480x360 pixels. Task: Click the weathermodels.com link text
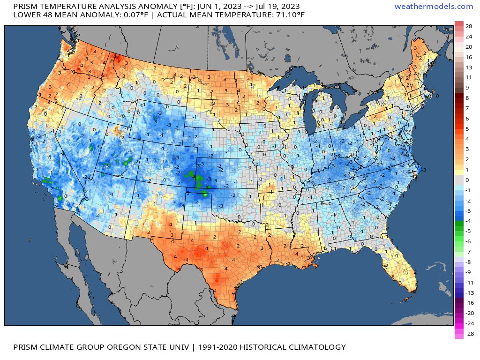coord(434,6)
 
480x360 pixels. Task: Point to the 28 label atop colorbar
coord(468,26)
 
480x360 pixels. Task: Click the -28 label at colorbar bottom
coord(468,333)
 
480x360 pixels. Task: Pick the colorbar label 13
coord(468,67)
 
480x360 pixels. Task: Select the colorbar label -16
coord(468,302)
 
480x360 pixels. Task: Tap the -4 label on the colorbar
coord(468,221)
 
